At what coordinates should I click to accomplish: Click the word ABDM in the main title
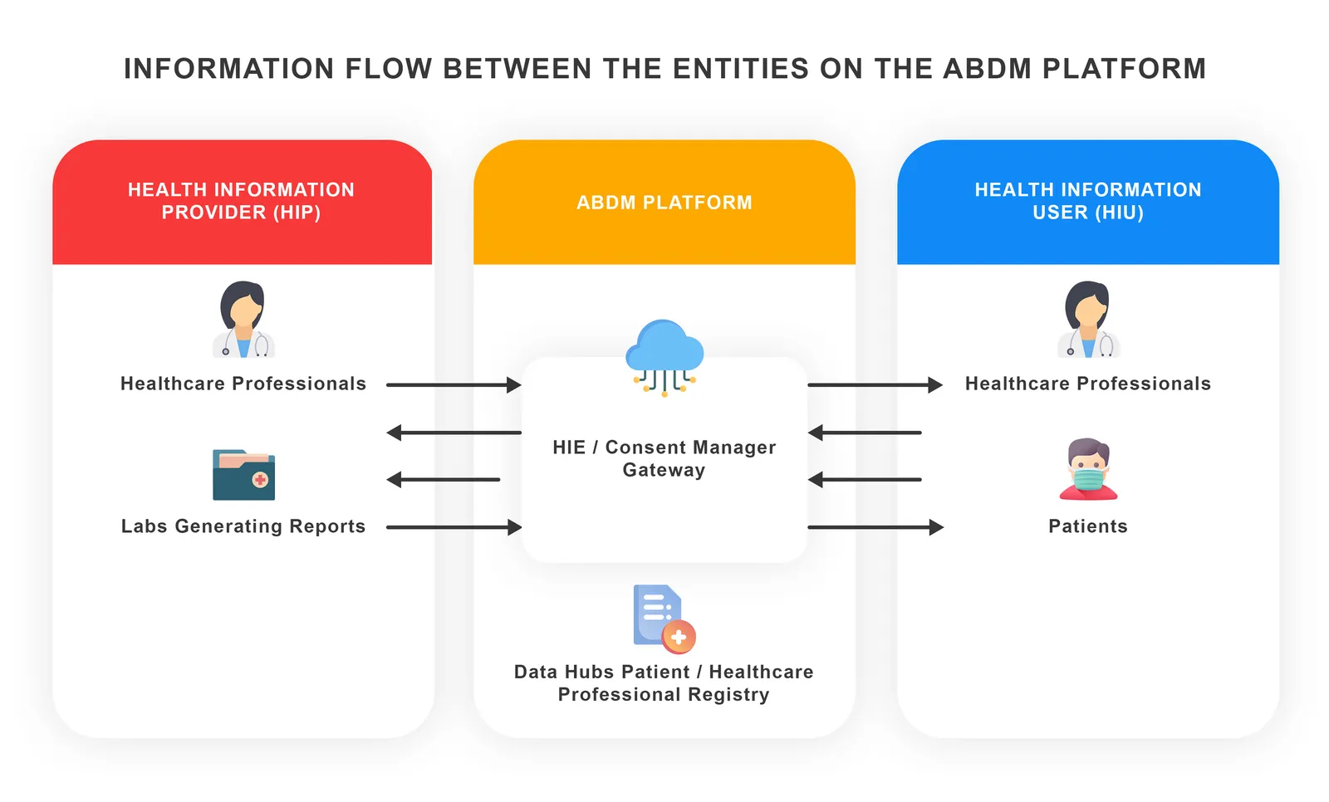pyautogui.click(x=988, y=69)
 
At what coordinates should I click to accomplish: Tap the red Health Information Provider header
pyautogui.click(x=241, y=201)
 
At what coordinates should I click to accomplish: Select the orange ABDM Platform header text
pyautogui.click(x=664, y=203)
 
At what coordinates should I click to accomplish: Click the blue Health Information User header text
pyautogui.click(x=1087, y=201)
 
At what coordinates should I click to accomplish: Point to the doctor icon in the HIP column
pyautogui.click(x=243, y=320)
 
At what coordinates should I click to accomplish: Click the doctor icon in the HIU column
pyautogui.click(x=1088, y=320)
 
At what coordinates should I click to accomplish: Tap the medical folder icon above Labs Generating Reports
pyautogui.click(x=243, y=475)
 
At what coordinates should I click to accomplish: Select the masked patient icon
pyautogui.click(x=1088, y=469)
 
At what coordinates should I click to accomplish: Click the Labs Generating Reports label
pyautogui.click(x=243, y=526)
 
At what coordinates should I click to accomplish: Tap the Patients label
pyautogui.click(x=1087, y=526)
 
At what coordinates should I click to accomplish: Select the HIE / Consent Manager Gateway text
pyautogui.click(x=664, y=458)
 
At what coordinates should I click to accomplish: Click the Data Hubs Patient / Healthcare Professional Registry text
pyautogui.click(x=664, y=682)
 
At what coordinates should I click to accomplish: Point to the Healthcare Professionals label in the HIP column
pyautogui.click(x=243, y=384)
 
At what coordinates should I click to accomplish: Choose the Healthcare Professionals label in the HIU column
pyautogui.click(x=1087, y=384)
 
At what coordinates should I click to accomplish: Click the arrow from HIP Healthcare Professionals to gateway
pyautogui.click(x=453, y=385)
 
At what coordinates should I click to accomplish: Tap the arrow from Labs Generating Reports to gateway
pyautogui.click(x=453, y=527)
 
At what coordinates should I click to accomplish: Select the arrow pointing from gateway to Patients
pyautogui.click(x=875, y=527)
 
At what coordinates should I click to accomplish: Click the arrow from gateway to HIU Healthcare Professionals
pyautogui.click(x=875, y=385)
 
